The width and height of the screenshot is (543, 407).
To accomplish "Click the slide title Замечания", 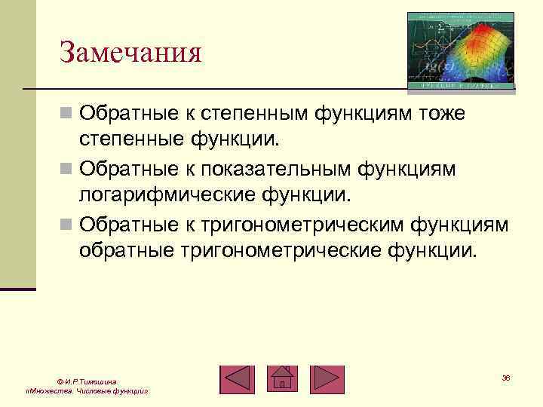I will (131, 54).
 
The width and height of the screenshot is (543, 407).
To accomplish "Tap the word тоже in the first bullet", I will (435, 114).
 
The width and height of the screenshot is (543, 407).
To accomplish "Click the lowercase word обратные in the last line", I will (126, 250).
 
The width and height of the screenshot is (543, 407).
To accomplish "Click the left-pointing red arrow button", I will (238, 379).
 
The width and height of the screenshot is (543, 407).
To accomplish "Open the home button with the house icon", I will (282, 379).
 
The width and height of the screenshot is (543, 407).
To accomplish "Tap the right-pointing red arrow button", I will (327, 379).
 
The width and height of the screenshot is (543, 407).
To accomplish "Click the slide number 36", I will (505, 377).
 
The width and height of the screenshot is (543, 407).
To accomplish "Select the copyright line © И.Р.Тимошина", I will (86, 383).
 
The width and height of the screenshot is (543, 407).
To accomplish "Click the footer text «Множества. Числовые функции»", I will (86, 393).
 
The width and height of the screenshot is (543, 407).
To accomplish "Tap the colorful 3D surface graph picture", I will (461, 51).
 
